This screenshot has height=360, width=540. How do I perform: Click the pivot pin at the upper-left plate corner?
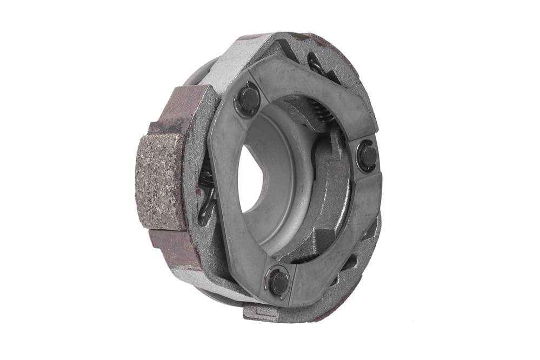pyautogui.click(x=249, y=99)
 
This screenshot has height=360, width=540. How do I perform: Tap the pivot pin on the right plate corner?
pyautogui.click(x=368, y=157)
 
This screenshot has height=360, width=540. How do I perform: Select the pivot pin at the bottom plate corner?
pyautogui.click(x=278, y=282)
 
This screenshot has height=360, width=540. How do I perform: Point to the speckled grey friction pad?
pyautogui.click(x=161, y=181)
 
